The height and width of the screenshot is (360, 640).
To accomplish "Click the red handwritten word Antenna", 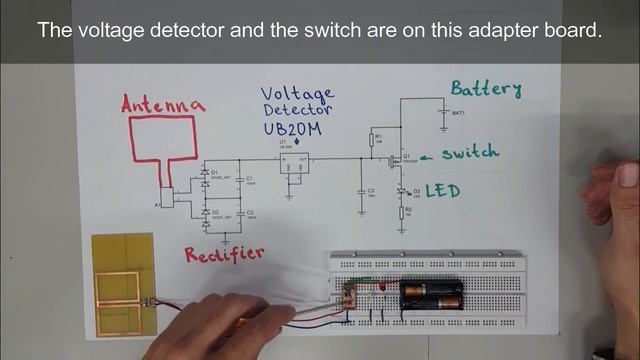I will (x=163, y=104).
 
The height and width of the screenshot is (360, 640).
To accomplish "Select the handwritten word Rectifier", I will (x=224, y=254).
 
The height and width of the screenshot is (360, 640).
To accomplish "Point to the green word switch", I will (x=469, y=153).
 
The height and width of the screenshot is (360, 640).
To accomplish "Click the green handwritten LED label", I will (x=444, y=190).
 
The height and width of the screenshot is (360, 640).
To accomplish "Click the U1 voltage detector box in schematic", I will (x=293, y=161).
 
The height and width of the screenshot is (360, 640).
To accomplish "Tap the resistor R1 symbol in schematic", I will (x=372, y=140).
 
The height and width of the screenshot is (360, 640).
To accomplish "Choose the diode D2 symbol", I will (x=204, y=214).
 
